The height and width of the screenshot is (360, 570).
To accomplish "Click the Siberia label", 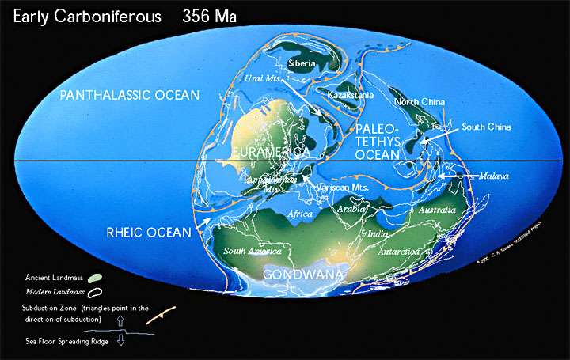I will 302,63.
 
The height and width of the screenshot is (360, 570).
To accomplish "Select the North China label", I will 419,102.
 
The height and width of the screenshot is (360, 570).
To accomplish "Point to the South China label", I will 486,127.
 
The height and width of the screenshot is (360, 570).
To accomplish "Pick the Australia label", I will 437,210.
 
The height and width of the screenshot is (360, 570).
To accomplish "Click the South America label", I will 253,251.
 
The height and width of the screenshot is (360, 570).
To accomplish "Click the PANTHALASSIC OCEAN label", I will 131,96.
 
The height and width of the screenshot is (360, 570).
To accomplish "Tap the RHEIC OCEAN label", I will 149,233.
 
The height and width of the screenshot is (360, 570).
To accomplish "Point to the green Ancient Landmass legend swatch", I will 93,278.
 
